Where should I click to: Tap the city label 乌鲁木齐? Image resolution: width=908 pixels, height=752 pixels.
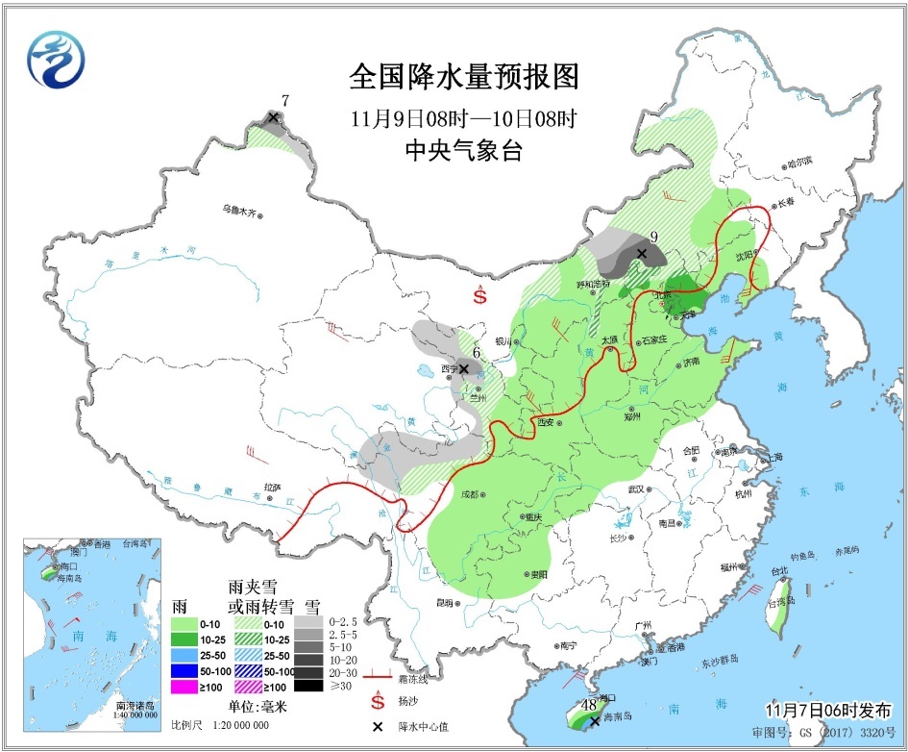coord(239,211)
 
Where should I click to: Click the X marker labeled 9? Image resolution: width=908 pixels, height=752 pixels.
coord(641,254)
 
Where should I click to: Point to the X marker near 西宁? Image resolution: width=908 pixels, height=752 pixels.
coord(464,368)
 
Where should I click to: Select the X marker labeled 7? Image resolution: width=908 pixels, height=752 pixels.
coord(273,117)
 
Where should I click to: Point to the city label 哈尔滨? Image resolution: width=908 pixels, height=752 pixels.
coord(799,162)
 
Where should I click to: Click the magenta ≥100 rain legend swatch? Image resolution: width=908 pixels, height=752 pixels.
coord(184,686)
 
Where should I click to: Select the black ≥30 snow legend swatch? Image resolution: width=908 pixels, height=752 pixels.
coord(308,686)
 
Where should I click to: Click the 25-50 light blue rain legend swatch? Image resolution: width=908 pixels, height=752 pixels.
coord(184,654)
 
